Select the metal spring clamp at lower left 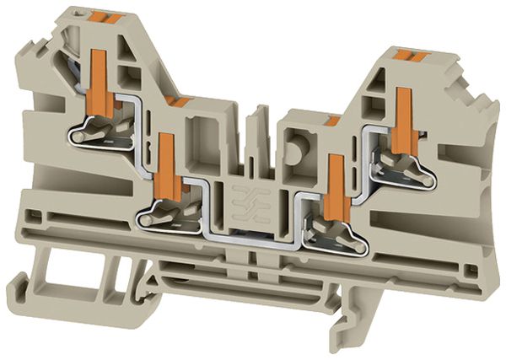[x=168, y=215]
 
